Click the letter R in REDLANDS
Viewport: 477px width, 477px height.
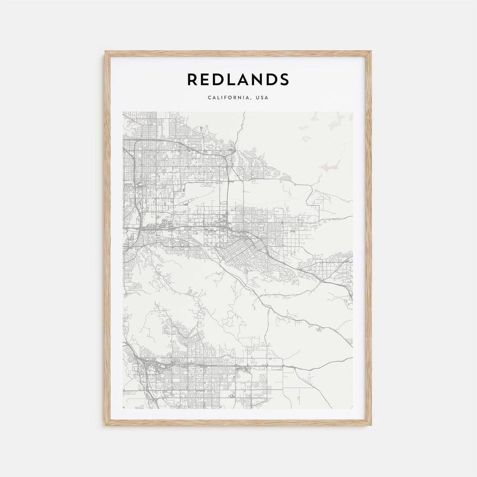point(193,79)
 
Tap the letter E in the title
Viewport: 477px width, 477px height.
point(207,79)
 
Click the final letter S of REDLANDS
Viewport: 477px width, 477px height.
point(284,79)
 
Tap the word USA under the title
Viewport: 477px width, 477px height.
point(261,98)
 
